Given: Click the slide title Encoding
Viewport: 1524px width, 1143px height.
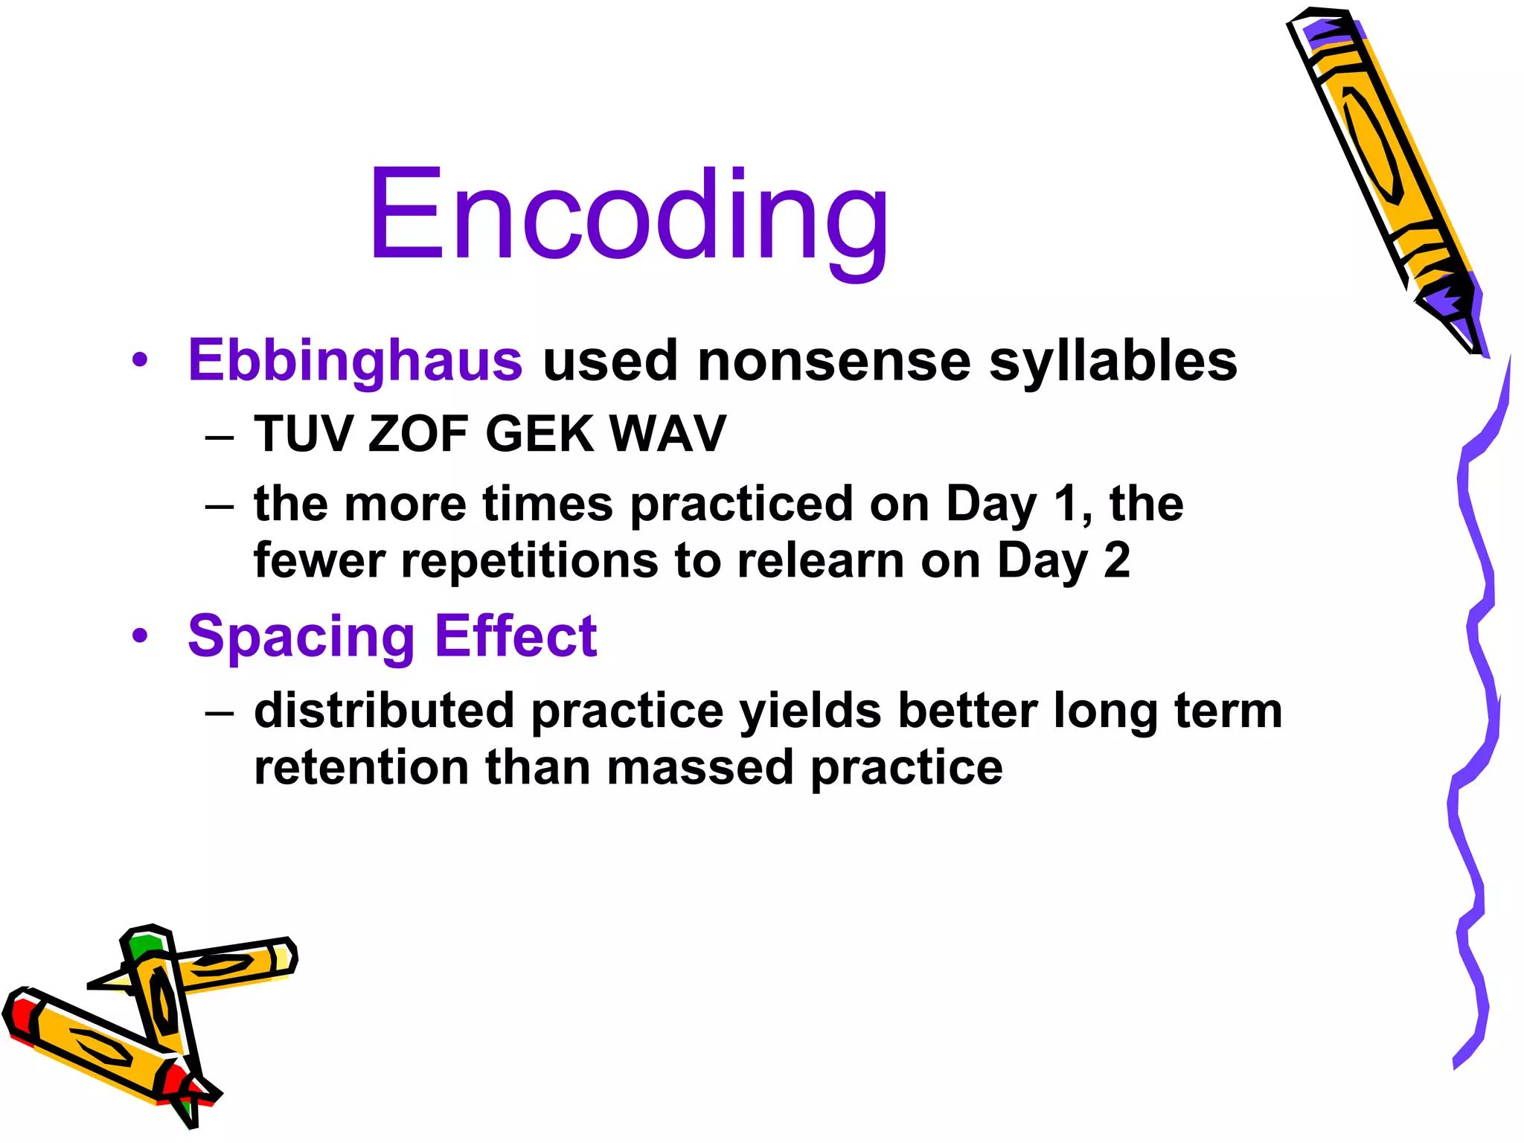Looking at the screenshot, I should (x=629, y=216).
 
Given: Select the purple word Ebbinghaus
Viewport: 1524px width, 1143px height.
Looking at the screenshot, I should (x=355, y=361).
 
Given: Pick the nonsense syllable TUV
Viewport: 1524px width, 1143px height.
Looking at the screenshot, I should (x=304, y=434).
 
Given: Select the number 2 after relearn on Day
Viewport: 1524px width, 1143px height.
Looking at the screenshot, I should (x=1116, y=560).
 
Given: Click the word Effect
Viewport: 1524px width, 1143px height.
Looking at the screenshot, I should (x=515, y=636).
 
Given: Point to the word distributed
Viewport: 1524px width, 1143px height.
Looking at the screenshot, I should (x=384, y=710).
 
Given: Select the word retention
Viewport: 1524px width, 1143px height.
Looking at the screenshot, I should (x=361, y=767).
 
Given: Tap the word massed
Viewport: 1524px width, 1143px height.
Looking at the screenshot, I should (x=699, y=767).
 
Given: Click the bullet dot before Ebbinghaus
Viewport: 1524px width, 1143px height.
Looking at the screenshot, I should (x=140, y=361).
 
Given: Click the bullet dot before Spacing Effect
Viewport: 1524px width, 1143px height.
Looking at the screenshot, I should (x=140, y=637).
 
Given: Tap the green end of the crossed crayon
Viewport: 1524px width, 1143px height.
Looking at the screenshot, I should (x=144, y=947).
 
